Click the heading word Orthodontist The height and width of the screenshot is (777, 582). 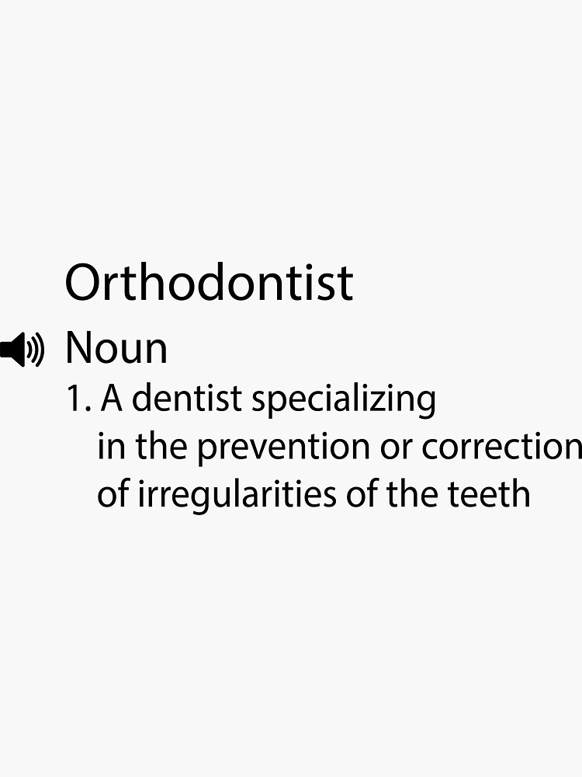pos(209,282)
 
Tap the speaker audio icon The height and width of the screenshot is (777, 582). pos(22,350)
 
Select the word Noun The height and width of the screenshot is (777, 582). pos(116,348)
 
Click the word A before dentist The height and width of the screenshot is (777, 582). pos(113,399)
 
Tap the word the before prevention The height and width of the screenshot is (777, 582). pos(161,447)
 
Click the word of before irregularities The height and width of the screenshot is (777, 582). pos(113,494)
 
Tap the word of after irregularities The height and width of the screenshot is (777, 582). pos(363,494)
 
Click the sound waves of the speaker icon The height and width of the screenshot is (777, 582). pos(36,350)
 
